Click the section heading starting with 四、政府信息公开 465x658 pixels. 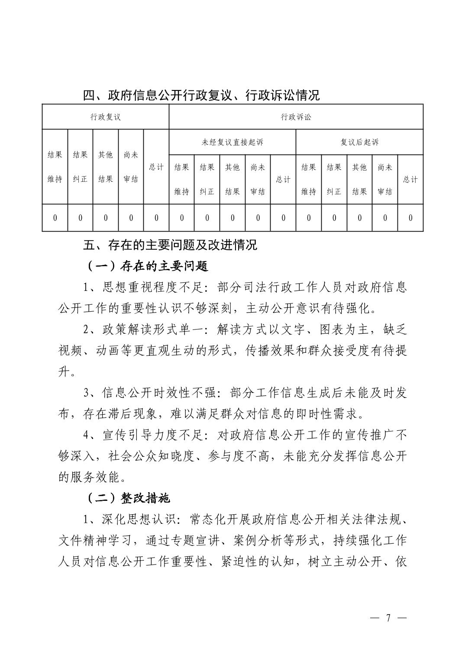201,95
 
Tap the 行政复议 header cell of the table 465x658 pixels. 105,117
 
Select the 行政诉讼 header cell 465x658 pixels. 296,117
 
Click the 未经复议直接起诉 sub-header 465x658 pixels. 232,142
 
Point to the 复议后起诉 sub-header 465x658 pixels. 359,142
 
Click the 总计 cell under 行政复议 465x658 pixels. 156,167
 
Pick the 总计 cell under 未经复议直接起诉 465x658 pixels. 283,179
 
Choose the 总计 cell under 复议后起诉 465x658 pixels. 410,179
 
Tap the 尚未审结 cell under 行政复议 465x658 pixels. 131,167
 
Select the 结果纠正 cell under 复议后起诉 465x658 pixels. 334,179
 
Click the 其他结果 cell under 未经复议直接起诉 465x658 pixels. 232,179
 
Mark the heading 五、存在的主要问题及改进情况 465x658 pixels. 170,245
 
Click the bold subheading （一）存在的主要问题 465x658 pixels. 147,266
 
